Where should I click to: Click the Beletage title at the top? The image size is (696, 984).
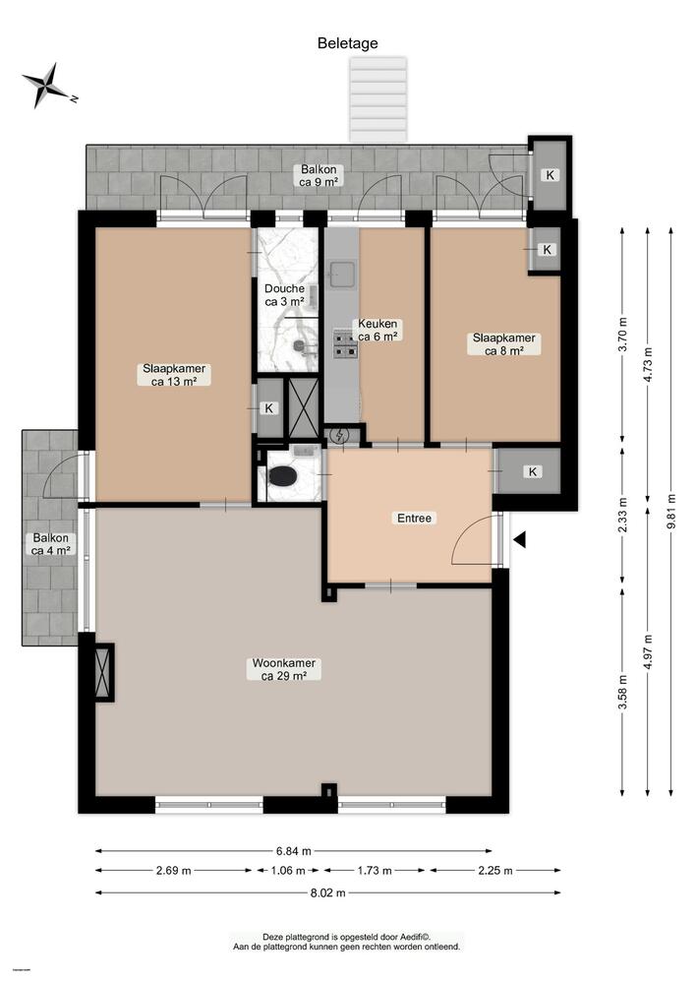tap(347, 43)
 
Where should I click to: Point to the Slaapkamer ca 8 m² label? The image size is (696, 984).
tap(497, 343)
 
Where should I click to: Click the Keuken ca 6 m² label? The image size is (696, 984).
tap(377, 331)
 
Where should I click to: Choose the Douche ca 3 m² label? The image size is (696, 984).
tap(284, 295)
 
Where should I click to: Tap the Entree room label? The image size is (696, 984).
tap(414, 518)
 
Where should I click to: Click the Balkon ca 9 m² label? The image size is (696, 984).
tap(319, 176)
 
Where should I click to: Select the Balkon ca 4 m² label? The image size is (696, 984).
tap(50, 544)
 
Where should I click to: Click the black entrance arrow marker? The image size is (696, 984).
tap(520, 539)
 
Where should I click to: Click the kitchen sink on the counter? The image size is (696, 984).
tap(342, 273)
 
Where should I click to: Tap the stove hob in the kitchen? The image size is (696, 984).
tap(344, 343)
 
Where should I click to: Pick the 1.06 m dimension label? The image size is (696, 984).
tap(288, 871)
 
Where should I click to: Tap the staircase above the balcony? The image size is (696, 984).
tap(379, 99)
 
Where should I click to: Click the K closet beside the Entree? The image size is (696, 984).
tap(532, 472)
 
